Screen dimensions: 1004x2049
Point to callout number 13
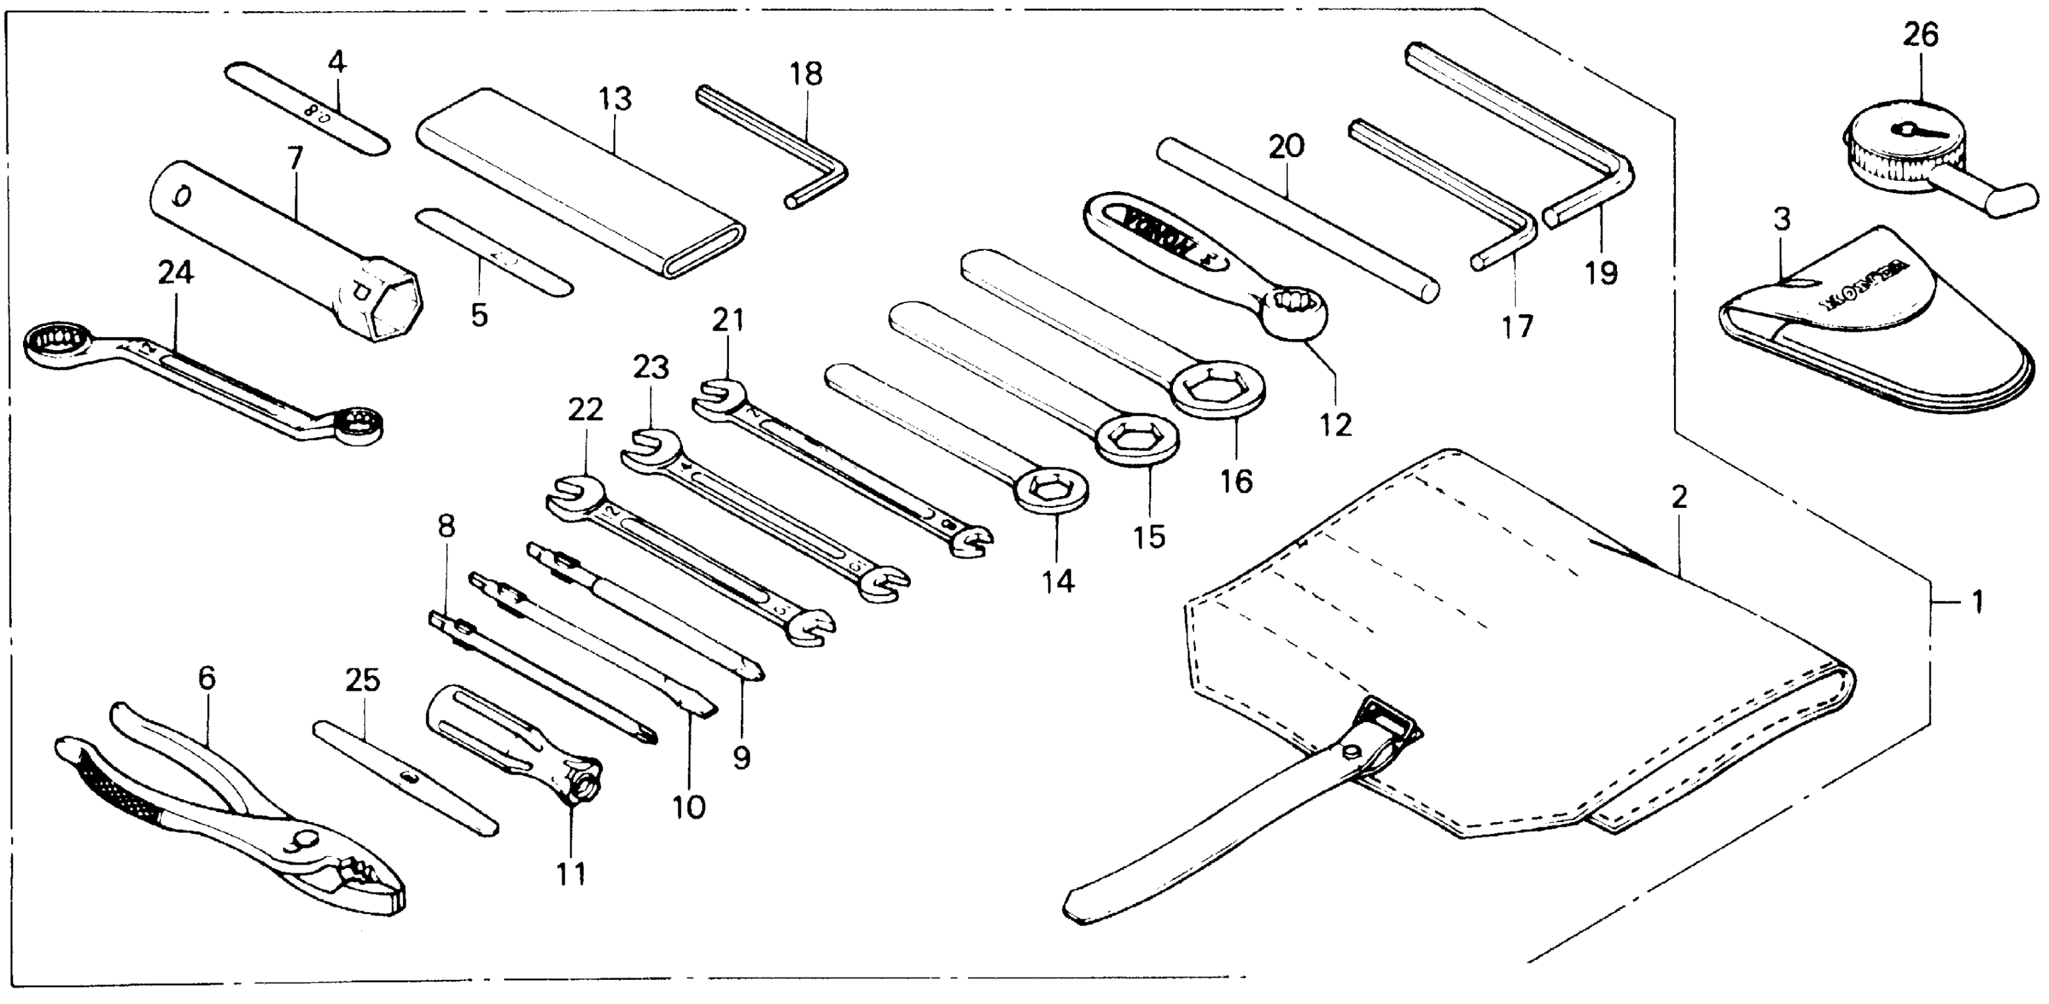coord(615,99)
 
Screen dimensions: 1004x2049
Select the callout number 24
coord(175,273)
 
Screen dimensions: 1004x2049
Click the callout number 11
coord(570,873)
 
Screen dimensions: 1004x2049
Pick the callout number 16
coord(1237,481)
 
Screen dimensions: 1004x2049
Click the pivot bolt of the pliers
coord(304,840)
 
